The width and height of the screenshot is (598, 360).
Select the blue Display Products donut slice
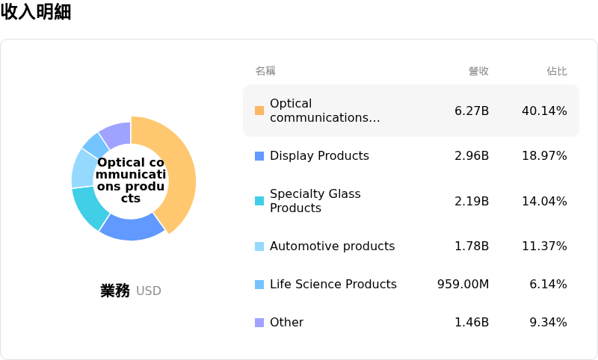pyautogui.click(x=132, y=227)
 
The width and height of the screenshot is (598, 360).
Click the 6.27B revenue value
pyautogui.click(x=472, y=111)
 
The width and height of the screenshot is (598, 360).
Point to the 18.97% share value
pyautogui.click(x=544, y=156)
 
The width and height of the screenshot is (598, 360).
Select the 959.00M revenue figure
pyautogui.click(x=463, y=285)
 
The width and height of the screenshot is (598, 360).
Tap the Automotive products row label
pyautogui.click(x=332, y=246)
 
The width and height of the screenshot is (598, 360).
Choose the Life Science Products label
pyautogui.click(x=333, y=285)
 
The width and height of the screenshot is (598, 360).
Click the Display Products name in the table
pyautogui.click(x=319, y=156)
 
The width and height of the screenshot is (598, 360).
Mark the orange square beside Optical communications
pyautogui.click(x=259, y=111)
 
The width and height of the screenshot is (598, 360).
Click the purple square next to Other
pyautogui.click(x=259, y=323)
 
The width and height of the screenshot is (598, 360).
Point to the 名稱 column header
pyautogui.click(x=265, y=71)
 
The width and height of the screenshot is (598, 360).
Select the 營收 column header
pyautogui.click(x=478, y=71)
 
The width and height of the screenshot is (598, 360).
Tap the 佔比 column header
pyautogui.click(x=557, y=71)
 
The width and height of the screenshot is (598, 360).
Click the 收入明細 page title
pyautogui.click(x=36, y=12)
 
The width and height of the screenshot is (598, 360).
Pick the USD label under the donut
pyautogui.click(x=149, y=291)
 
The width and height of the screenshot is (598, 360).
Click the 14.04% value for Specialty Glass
pyautogui.click(x=544, y=201)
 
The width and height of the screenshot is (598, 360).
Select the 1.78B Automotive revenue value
pyautogui.click(x=472, y=246)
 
